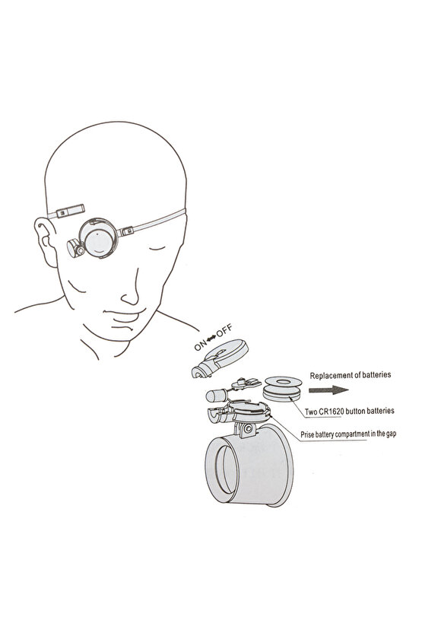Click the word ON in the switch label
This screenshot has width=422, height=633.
(200, 345)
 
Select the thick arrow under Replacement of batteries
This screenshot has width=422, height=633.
(328, 390)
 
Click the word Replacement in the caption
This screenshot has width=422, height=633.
(329, 375)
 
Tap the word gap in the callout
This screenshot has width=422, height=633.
(391, 434)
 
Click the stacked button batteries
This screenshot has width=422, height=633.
(282, 388)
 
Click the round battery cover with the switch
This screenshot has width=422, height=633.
(220, 358)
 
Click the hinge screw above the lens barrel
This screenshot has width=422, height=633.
(248, 428)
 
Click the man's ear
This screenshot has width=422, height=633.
(46, 241)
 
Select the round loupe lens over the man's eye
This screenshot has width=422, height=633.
(99, 238)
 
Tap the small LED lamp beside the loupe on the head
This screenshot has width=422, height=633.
(75, 248)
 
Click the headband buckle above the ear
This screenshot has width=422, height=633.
(70, 211)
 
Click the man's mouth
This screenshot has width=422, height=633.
(124, 313)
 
